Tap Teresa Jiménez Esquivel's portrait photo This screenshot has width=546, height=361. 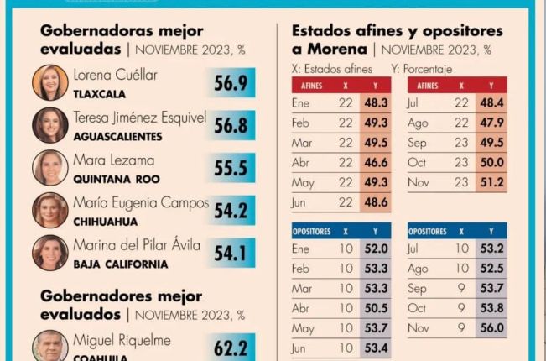(49, 125)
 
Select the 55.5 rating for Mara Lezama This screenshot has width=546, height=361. (231, 167)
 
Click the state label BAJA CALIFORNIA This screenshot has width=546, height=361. (121, 264)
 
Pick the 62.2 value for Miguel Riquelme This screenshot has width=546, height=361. (231, 344)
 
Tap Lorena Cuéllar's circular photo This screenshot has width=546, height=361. (49, 82)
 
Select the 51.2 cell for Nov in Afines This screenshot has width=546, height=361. (491, 181)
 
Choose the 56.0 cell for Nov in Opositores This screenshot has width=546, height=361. (491, 327)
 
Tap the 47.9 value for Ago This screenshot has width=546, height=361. (491, 123)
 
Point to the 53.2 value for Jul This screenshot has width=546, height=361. (491, 249)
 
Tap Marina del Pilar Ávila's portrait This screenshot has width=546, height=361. (49, 253)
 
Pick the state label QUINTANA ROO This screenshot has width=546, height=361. (116, 179)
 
